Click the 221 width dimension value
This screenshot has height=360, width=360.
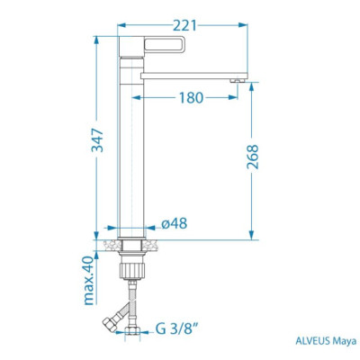tap(184, 26)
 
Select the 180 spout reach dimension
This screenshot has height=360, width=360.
tap(191, 97)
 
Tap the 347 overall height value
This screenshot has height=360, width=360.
tap(97, 140)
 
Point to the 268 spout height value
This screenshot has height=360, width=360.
tap(253, 157)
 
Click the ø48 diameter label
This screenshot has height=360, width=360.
tap(174, 223)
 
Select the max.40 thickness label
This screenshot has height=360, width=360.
tap(89, 281)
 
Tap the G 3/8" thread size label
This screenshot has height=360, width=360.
tap(177, 329)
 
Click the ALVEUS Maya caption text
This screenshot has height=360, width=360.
tap(326, 341)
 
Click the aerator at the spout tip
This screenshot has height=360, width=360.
tap(238, 80)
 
